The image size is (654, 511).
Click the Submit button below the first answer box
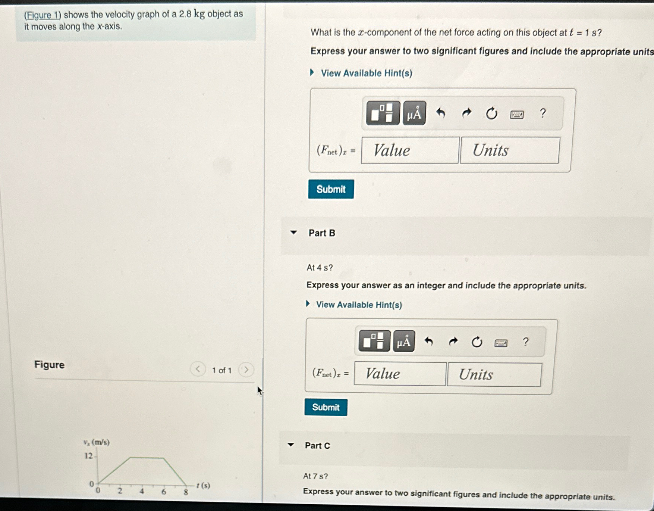tap(331, 189)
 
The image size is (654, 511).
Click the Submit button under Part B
tap(326, 407)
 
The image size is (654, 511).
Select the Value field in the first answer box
tap(410, 150)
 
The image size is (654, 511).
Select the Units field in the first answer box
tap(509, 150)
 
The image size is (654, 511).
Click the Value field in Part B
tap(400, 374)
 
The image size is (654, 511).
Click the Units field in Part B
tap(494, 375)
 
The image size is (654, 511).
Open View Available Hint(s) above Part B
tap(366, 73)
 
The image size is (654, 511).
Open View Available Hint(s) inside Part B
tap(359, 305)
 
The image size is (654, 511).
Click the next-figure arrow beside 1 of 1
tap(246, 370)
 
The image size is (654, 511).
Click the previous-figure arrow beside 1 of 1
tap(198, 370)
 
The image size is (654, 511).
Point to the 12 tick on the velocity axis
tap(89, 456)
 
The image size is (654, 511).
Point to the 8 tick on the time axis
tap(186, 492)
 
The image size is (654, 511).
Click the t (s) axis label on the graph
tap(203, 486)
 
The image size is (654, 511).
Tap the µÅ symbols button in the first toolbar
tap(414, 113)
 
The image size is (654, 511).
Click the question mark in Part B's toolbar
tap(526, 342)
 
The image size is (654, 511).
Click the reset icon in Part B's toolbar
tap(477, 342)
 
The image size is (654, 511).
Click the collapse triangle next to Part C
tap(291, 445)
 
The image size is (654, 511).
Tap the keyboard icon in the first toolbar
tap(517, 115)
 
